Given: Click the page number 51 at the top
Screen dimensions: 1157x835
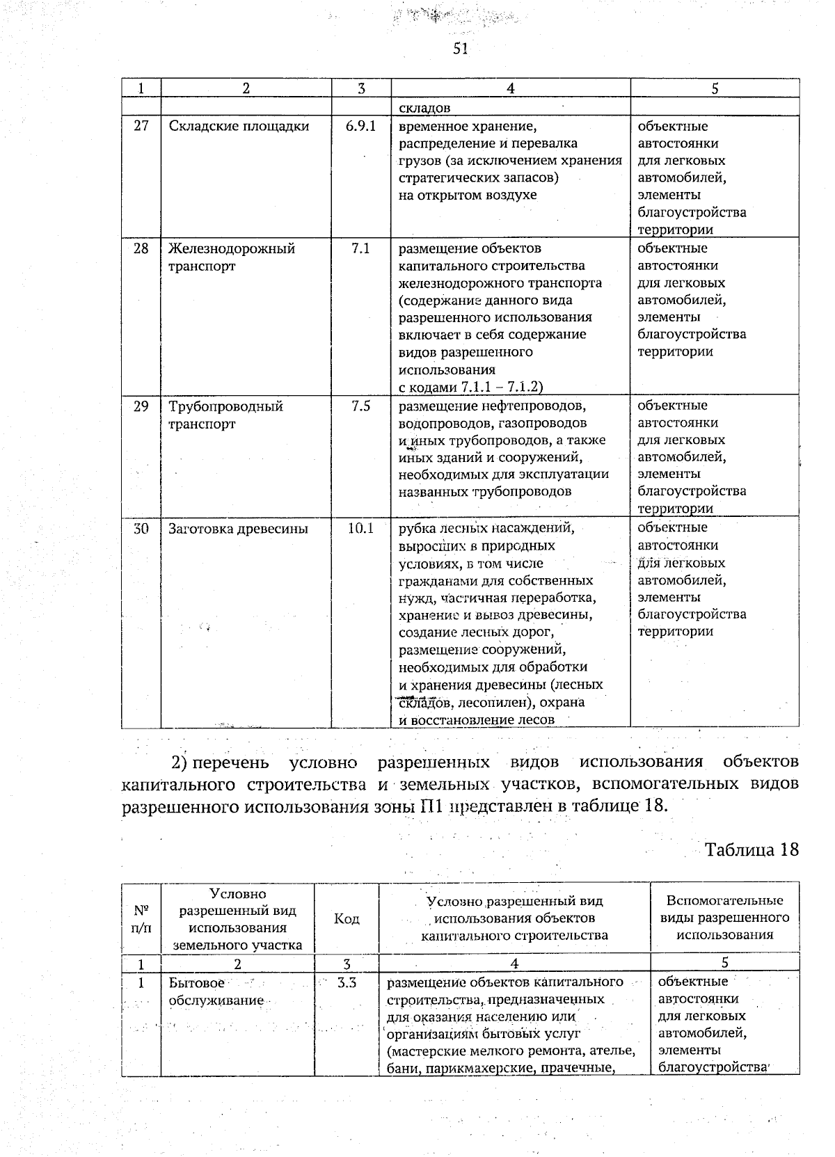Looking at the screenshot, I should click(460, 48).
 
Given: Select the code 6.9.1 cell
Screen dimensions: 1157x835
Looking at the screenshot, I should click(360, 127).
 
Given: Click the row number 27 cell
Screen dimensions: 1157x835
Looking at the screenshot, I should click(141, 127).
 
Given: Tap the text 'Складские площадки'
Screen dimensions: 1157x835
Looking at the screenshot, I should click(239, 127).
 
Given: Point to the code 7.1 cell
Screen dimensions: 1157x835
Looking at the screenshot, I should click(360, 248).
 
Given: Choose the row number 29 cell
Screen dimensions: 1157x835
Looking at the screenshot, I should click(141, 406).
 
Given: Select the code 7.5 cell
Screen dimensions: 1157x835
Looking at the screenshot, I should click(360, 406).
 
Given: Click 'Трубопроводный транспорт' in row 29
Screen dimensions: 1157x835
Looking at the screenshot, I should click(225, 415).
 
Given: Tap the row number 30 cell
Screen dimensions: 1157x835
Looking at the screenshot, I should click(141, 529).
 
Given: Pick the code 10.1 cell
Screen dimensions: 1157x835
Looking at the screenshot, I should click(360, 529).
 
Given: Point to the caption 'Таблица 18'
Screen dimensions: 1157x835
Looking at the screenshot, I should click(751, 849).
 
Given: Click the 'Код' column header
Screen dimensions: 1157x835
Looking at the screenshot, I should click(347, 919).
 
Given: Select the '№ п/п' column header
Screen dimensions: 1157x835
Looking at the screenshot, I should click(141, 919).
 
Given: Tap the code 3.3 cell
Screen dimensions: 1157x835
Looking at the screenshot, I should click(347, 983).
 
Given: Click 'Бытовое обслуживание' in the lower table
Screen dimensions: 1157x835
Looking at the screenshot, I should click(216, 991).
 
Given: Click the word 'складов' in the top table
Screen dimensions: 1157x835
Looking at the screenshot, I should click(424, 108).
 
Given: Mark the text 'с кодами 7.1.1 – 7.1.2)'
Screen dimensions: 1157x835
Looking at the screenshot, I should click(470, 387).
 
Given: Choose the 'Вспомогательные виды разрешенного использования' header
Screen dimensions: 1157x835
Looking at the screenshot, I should click(724, 918).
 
